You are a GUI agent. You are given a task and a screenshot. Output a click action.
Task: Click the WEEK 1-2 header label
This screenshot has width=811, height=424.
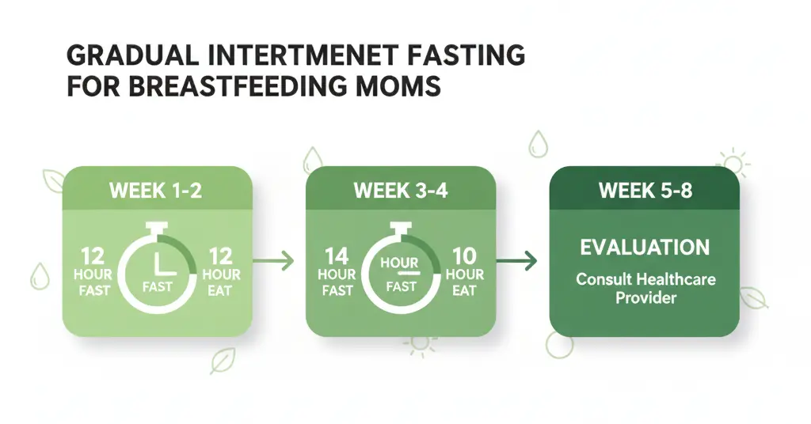tap(157, 191)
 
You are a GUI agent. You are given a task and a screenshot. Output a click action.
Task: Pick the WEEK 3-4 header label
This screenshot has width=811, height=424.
tap(401, 191)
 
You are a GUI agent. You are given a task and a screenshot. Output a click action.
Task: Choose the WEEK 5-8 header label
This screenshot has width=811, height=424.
tap(644, 191)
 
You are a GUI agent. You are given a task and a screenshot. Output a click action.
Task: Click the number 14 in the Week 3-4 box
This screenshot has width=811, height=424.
tap(337, 256)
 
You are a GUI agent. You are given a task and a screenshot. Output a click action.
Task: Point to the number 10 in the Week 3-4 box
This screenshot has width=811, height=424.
tap(464, 256)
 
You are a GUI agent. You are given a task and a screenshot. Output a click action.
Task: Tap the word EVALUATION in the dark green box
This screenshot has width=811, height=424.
tap(644, 248)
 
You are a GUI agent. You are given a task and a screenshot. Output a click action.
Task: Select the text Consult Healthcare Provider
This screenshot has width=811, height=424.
tap(644, 290)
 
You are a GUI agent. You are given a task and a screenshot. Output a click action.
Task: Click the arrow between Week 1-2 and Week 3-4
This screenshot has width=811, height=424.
tap(278, 259)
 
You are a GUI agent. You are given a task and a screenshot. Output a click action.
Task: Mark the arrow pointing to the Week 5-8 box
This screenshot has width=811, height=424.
tap(521, 259)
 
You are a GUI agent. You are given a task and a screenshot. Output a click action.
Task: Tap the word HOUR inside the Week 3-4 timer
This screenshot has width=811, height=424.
tap(399, 262)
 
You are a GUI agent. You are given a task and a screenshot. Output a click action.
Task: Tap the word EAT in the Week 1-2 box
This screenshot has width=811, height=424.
tap(219, 290)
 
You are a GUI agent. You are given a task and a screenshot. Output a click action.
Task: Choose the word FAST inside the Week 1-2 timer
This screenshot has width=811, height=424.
tap(157, 286)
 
